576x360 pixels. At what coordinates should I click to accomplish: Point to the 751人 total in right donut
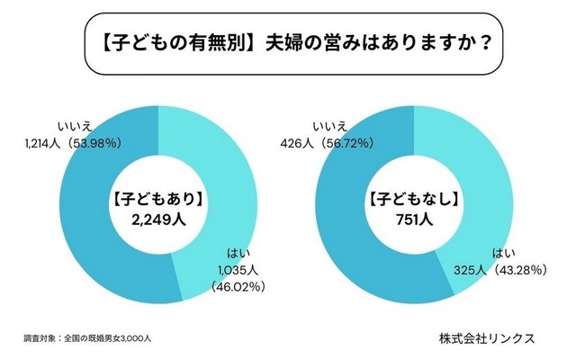[x=415, y=218]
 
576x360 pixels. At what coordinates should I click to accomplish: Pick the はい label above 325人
[x=504, y=253]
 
